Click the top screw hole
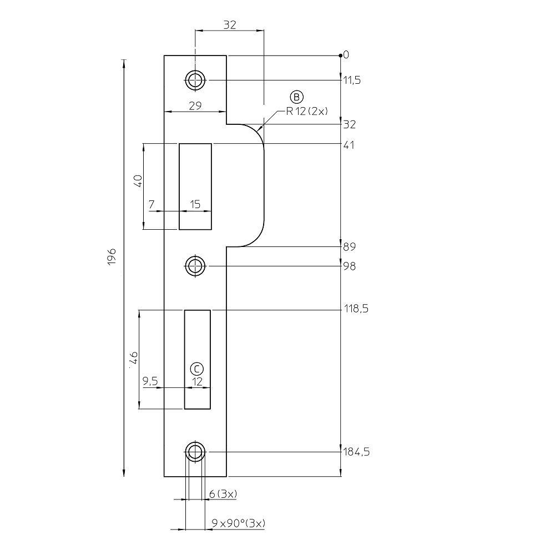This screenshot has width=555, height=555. (x=194, y=80)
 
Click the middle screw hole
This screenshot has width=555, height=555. (x=194, y=266)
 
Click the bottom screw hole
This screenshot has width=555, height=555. (x=194, y=452)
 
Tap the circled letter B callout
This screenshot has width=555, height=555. (x=297, y=97)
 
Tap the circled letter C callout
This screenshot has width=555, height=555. (x=197, y=369)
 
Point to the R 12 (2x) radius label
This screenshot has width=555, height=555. (x=307, y=111)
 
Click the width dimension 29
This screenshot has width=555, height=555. (x=195, y=105)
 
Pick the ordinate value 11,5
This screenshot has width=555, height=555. (x=352, y=80)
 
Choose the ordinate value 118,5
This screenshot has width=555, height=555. (x=356, y=309)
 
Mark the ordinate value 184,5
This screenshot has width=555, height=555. (x=356, y=452)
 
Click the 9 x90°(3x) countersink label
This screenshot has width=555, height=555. (x=239, y=523)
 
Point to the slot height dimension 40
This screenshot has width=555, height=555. (x=139, y=181)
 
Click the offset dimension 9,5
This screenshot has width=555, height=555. (x=150, y=381)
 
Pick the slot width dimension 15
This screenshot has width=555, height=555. (x=195, y=204)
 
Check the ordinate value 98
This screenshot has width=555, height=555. (x=349, y=266)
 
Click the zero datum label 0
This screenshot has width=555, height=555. (x=346, y=54)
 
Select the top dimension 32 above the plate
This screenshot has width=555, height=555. (x=229, y=25)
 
